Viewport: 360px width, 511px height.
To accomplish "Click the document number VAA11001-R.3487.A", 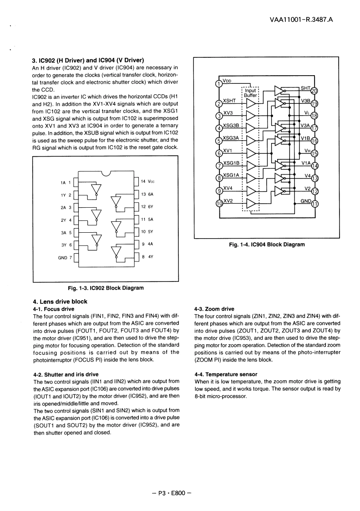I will tap(294, 20).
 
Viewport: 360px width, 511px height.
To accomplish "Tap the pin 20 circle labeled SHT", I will tap(314, 91).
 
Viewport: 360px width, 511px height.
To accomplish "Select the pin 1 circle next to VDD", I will tap(219, 83).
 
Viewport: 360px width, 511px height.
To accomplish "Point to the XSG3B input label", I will tap(231, 125).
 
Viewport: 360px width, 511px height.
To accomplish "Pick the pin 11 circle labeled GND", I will tap(314, 203).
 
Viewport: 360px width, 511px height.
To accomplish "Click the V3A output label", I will tap(305, 125).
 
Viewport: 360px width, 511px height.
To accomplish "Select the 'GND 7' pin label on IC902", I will tap(65, 257).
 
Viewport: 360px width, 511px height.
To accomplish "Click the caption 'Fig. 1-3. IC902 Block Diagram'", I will tap(106, 288).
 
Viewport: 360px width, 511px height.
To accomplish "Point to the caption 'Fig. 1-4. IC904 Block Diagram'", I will tap(267, 245).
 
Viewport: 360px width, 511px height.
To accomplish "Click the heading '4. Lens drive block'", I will tap(60, 301).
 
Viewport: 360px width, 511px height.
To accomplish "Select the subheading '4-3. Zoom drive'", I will tap(214, 309).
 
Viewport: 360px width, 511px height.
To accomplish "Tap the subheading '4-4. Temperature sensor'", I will tap(226, 374).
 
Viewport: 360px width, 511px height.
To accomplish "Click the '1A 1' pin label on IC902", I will tap(66, 183).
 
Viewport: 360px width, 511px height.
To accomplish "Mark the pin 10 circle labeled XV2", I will tap(219, 204).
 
